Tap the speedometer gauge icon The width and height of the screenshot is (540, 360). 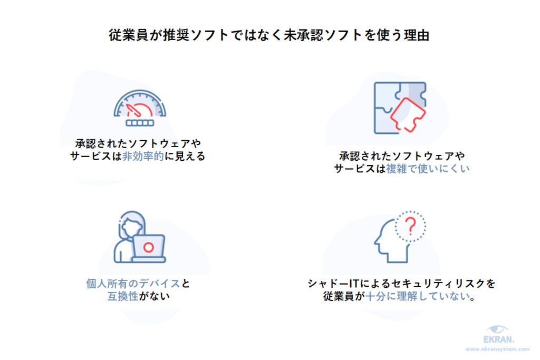click(140, 108)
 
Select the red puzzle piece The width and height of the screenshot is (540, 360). click(408, 115)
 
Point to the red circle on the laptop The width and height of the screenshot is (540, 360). click(148, 247)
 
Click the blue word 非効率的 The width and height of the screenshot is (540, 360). click(143, 156)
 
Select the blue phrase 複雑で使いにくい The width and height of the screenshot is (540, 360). click(428, 169)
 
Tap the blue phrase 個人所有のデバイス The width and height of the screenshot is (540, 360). click(133, 284)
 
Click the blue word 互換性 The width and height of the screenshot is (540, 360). click(122, 296)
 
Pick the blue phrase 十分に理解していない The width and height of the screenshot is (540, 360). click(418, 296)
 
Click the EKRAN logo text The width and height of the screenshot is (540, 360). click(499, 339)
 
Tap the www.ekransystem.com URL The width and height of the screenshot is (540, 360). click(498, 349)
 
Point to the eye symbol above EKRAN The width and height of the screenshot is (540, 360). click(497, 329)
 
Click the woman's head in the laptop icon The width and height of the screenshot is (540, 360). click(131, 226)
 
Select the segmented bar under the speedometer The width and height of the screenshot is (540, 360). click(140, 123)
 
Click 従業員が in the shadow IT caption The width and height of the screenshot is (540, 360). click(344, 296)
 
